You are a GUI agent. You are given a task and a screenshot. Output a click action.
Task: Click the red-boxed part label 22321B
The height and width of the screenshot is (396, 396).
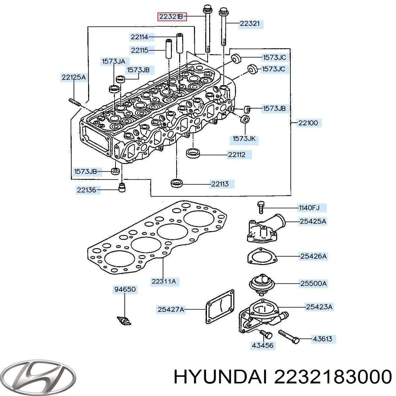point(172,16)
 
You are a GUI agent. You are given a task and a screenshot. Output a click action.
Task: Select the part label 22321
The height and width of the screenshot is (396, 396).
point(249,23)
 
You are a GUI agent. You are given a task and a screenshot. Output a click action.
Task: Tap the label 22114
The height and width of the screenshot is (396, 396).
point(139,37)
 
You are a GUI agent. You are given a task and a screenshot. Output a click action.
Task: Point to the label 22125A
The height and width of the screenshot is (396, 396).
point(73,78)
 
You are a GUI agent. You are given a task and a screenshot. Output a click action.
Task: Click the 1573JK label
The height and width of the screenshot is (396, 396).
point(244,139)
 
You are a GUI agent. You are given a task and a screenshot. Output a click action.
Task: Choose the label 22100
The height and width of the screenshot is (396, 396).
point(308,123)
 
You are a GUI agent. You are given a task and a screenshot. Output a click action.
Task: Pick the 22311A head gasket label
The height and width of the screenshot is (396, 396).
point(164,281)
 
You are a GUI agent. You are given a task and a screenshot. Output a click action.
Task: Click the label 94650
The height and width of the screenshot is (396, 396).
point(125,289)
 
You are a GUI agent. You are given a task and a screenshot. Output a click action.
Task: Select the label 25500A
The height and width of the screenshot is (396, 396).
point(313,283)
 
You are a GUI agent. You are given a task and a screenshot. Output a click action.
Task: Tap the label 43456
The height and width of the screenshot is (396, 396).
point(263,345)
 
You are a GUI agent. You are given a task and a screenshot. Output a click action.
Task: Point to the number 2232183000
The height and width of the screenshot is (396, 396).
point(333,376)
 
